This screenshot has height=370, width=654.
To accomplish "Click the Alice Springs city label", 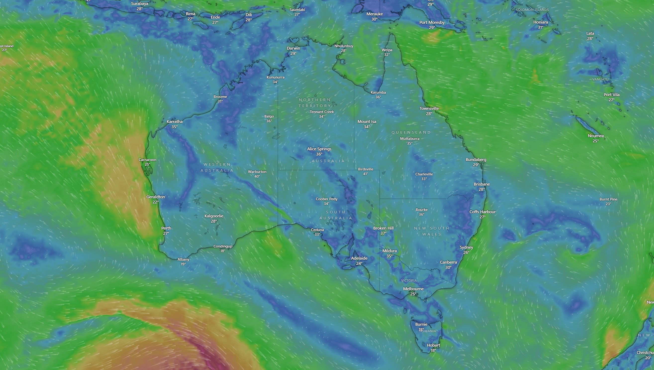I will coord(319,149).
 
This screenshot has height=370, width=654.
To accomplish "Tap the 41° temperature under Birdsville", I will coord(365,174).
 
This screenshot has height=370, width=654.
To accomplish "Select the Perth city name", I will coord(166,228).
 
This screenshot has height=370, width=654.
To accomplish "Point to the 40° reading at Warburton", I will coord(257,176).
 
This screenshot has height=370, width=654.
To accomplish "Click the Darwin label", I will coord(293,48).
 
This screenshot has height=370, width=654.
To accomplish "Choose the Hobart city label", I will coord(433,345).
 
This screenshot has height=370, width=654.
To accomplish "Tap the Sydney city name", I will coord(466,247).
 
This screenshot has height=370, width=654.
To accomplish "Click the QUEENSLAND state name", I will coord(411,132).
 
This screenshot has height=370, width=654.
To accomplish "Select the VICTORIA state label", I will coord(409,281).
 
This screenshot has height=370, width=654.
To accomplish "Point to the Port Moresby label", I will coord(432,22).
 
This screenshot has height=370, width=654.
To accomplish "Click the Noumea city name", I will coord(596,136).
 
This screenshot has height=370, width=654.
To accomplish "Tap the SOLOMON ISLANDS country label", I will coord(532,10).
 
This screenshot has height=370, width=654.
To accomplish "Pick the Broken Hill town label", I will coord(383,228).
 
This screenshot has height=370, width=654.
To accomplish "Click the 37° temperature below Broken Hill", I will coord(383,233).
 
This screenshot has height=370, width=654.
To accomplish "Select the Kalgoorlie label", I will coord(214,216).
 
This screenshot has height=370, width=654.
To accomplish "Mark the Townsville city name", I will coord(429,108).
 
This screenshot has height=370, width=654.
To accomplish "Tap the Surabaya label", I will coord(140,3).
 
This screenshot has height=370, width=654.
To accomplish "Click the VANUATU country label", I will coord(600,79).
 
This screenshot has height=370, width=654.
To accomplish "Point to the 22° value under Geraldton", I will coord(155,202).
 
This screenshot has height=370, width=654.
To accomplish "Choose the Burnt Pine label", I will coord(608,199).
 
